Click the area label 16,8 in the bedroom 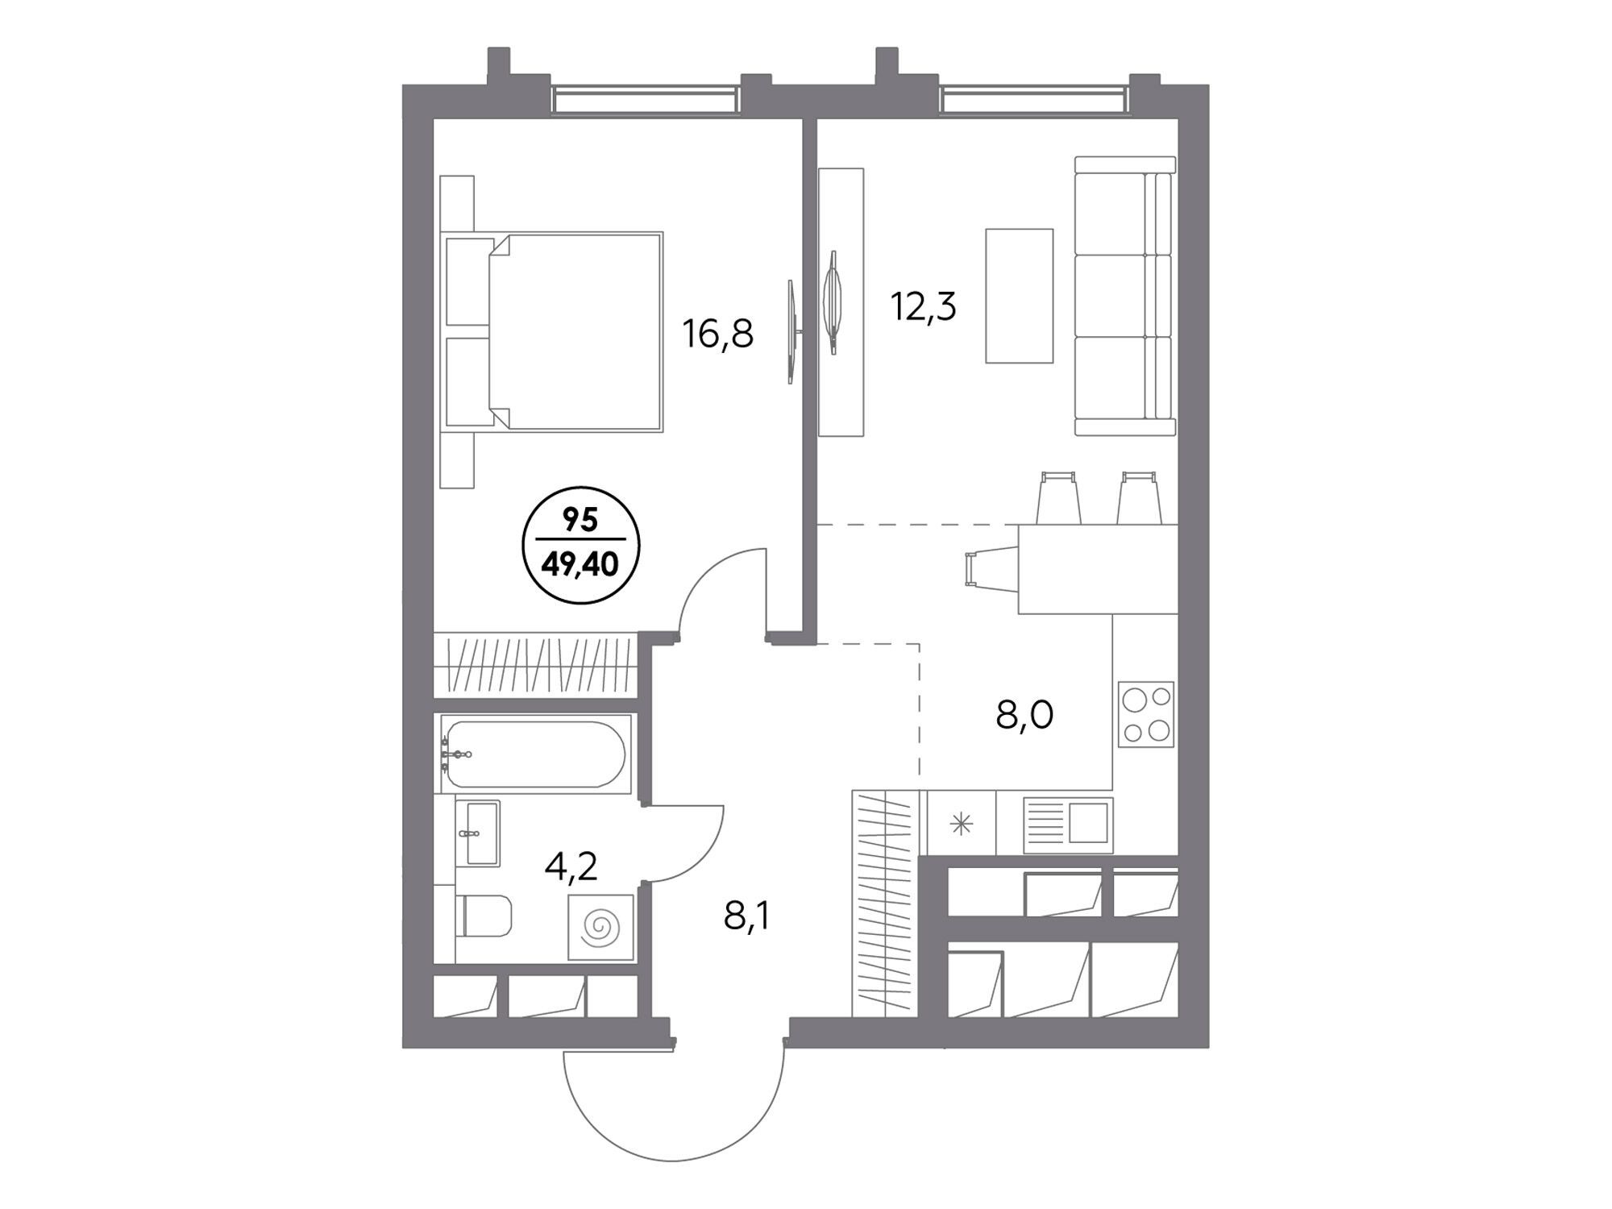718,334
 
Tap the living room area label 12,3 923,305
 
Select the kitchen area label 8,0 1024,714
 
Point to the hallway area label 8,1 746,916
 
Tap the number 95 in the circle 580,521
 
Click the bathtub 534,754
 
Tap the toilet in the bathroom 484,916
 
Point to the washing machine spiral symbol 600,927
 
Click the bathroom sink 477,833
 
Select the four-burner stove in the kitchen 1146,714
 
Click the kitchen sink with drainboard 1068,825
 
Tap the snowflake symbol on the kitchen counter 961,824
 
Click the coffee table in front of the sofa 1020,296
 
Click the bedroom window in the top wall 645,100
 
